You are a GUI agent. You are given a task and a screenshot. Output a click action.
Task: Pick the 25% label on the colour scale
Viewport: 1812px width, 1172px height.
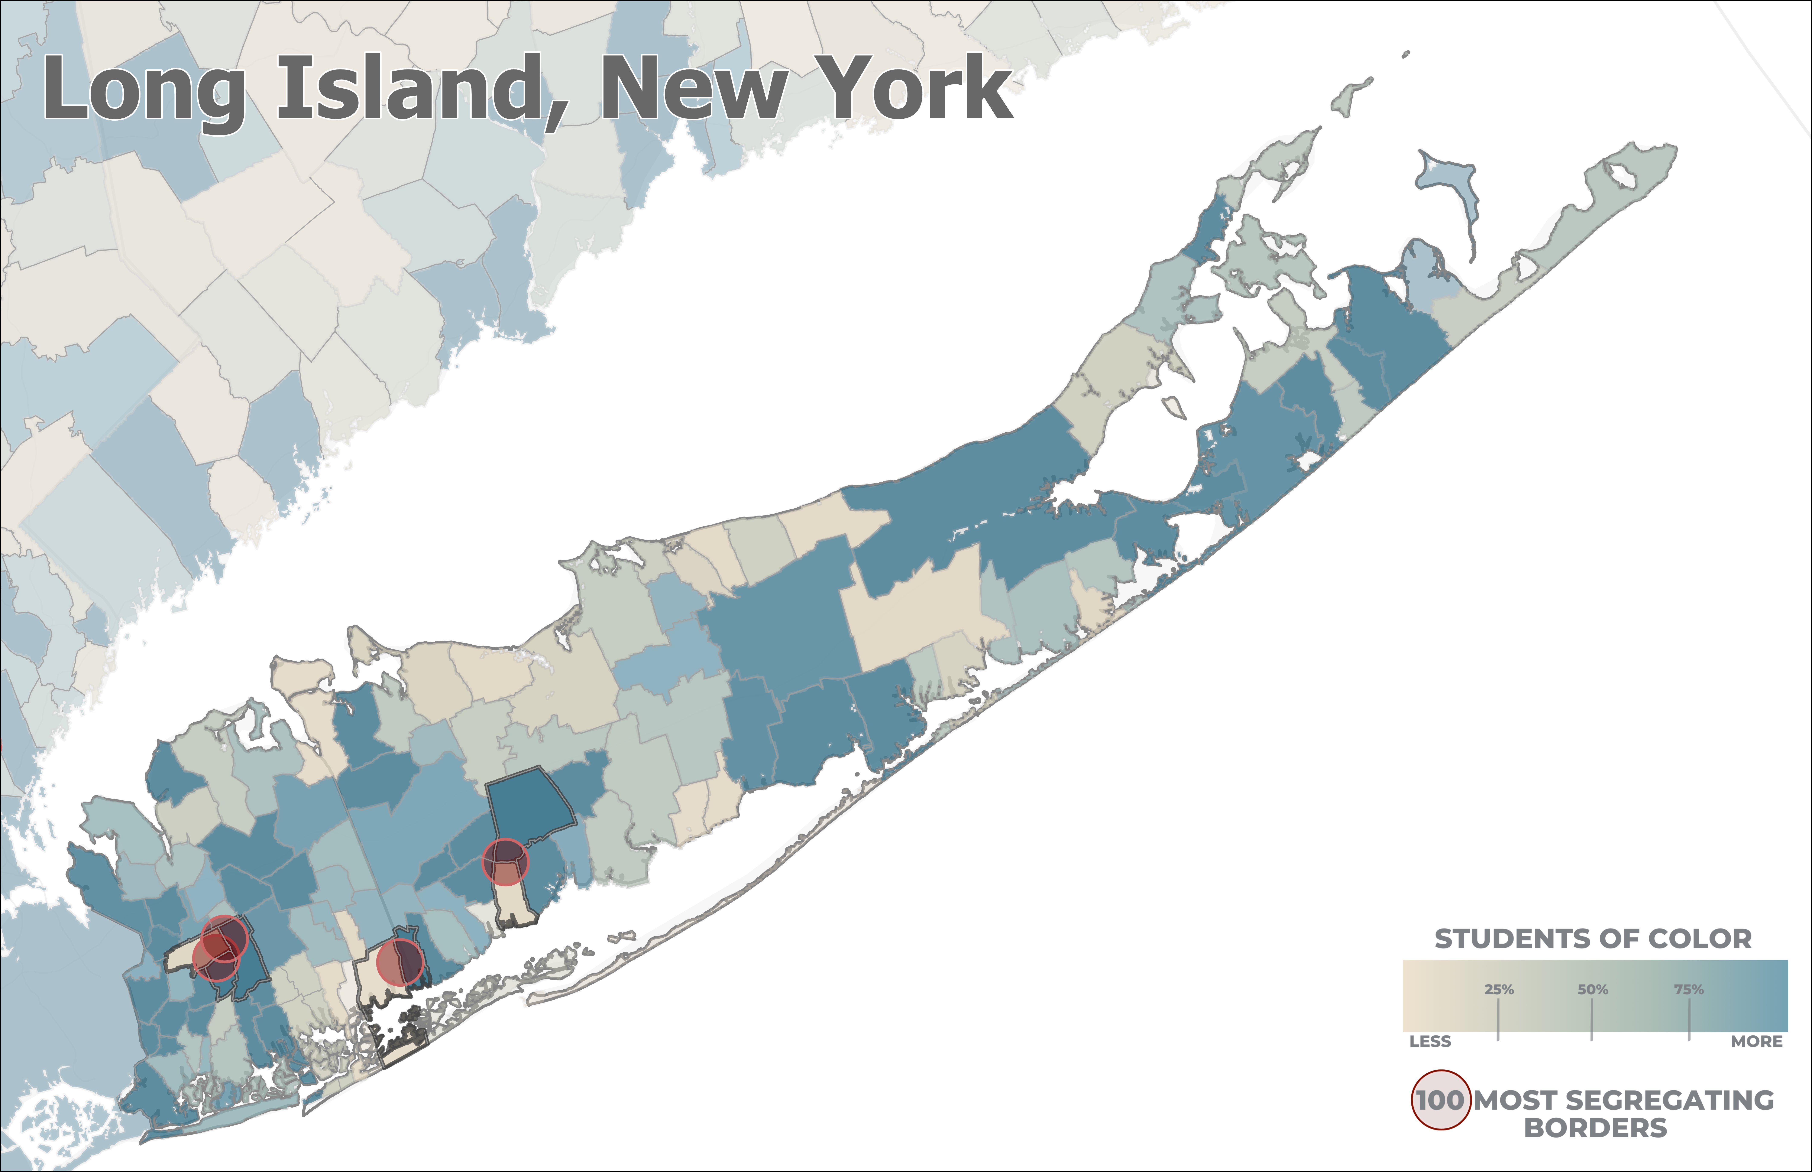[1498, 989]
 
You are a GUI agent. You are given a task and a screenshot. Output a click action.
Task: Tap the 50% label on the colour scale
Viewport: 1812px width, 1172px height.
[1592, 989]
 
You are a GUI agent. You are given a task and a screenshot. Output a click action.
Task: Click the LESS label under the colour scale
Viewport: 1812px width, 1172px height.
[1430, 1041]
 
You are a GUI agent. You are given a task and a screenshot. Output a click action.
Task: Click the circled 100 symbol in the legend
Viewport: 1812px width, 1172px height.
[1440, 1100]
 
